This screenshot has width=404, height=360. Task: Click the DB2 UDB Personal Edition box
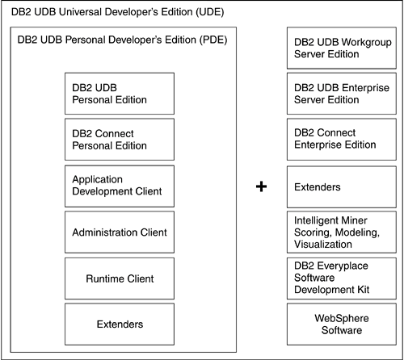coord(120,94)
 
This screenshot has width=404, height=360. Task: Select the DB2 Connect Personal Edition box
coord(120,140)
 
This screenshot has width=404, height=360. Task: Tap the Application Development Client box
coord(120,186)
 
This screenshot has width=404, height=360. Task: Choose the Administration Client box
coord(120,232)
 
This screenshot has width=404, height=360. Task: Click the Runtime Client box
coord(120,278)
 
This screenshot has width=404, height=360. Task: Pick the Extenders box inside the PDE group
coord(120,324)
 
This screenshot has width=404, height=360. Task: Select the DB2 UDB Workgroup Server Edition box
coord(342,48)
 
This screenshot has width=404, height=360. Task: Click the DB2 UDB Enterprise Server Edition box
coord(342,94)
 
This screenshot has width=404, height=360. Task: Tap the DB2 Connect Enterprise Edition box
coord(342,140)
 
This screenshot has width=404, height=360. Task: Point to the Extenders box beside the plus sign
coord(342,187)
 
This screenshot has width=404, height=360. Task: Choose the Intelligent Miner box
coord(342,232)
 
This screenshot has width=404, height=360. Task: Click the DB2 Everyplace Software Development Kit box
coord(342,278)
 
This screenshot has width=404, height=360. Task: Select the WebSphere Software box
coord(342,324)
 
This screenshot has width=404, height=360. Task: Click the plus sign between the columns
coord(261,186)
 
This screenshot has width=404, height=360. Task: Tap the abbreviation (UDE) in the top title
coord(210,12)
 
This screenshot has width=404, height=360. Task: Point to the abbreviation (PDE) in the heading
coord(213,40)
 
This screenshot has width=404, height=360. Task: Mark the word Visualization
coord(323,245)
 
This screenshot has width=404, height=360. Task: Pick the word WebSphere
coord(342,318)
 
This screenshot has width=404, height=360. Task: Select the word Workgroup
coord(367,43)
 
